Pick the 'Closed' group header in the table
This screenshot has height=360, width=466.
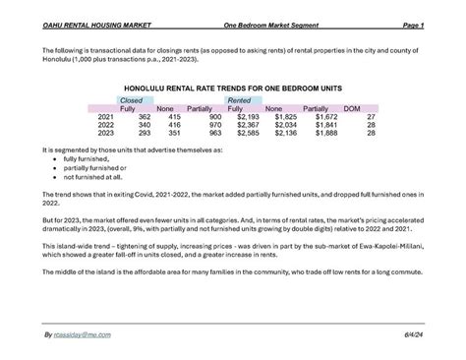[129, 100]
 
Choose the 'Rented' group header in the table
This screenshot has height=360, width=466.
[238, 100]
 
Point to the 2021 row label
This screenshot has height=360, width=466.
[106, 117]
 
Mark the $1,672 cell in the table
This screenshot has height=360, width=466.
[323, 117]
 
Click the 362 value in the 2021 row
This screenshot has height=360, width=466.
[144, 117]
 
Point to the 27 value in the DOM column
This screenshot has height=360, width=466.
[371, 117]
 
